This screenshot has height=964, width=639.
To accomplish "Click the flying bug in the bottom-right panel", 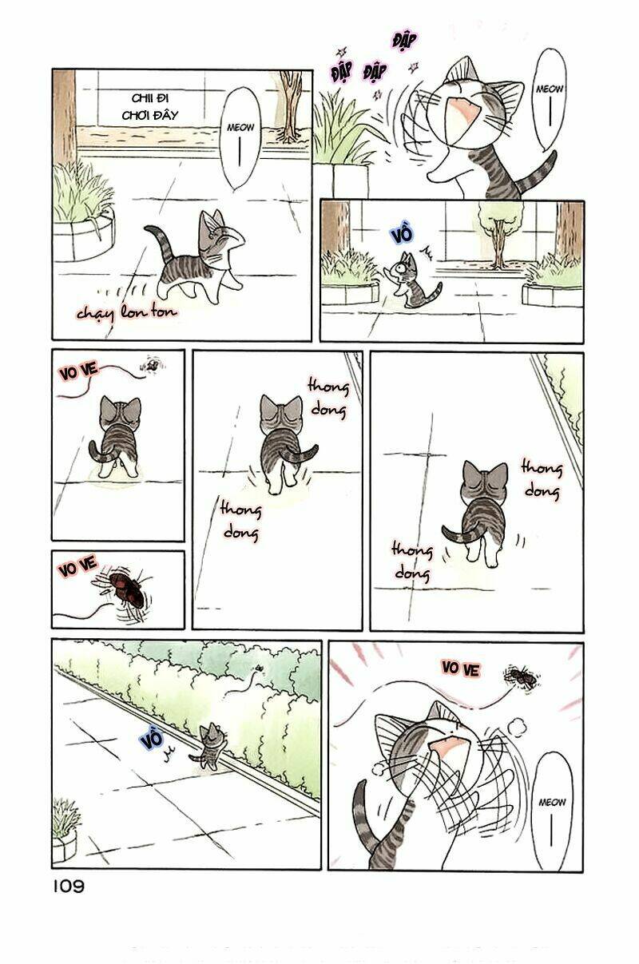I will (x=522, y=678).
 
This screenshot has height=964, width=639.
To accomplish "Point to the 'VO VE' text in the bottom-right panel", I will (x=460, y=668).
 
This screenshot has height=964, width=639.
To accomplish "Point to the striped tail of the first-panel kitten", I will (x=153, y=244).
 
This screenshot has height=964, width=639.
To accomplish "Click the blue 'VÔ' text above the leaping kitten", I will (x=402, y=234).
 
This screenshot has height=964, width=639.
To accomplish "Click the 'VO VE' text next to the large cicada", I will (x=77, y=569).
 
